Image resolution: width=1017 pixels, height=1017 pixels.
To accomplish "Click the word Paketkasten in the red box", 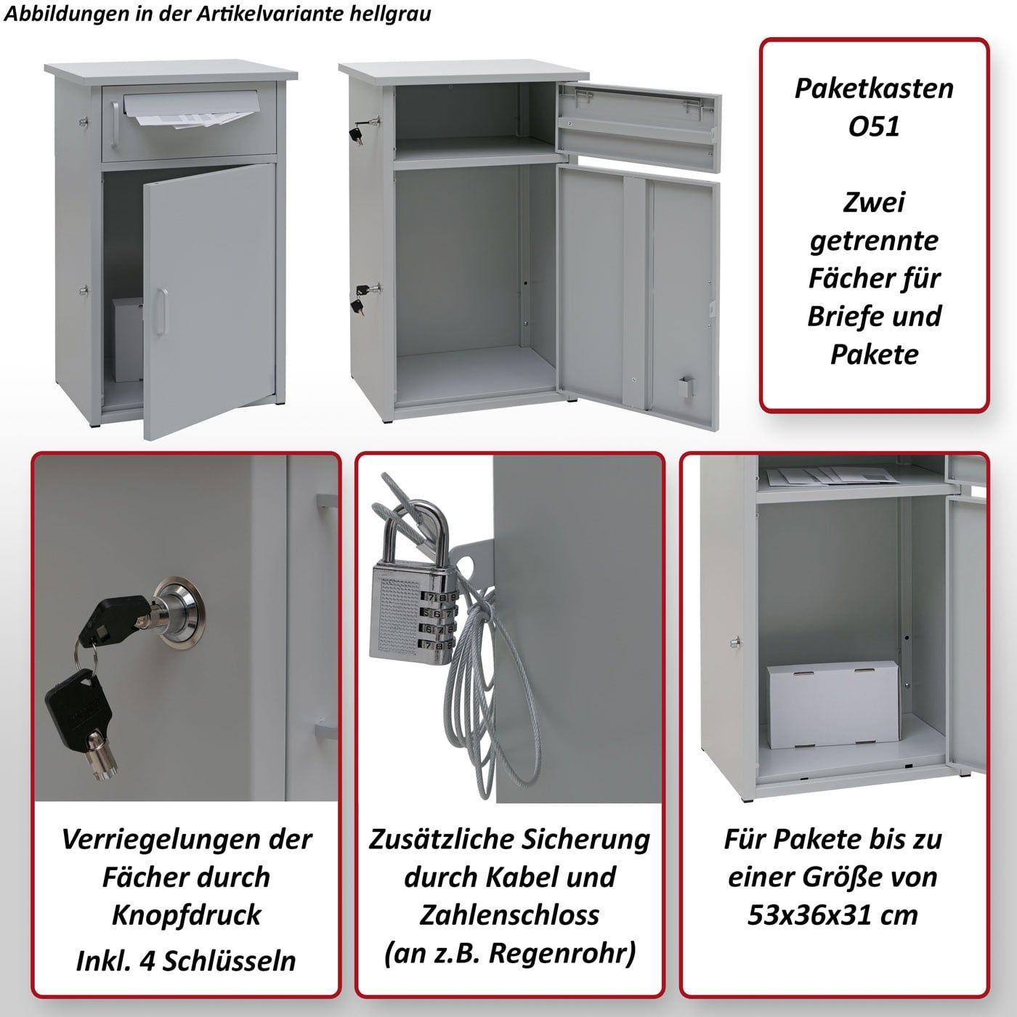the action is point(874,89).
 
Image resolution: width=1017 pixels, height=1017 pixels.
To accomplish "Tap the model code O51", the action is point(874,126).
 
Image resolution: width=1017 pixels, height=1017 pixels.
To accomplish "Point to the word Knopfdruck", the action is point(186,915).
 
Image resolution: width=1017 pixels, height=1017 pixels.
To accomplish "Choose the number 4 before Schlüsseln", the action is point(147,960).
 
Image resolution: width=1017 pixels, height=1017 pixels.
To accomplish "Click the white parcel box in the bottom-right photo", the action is point(833,705).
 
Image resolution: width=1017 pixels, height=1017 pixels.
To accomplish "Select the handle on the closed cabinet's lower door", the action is point(161,312).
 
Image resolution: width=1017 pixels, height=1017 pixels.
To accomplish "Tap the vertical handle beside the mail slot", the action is point(115,123).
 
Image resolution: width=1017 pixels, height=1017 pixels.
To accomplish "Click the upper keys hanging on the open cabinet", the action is point(360,129).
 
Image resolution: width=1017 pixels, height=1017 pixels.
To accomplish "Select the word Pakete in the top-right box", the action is point(874,354).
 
